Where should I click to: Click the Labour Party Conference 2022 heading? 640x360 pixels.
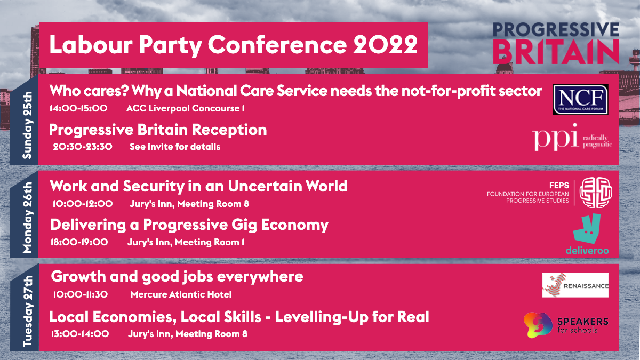[x=233, y=45]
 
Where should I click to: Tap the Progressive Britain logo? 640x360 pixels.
[x=555, y=43]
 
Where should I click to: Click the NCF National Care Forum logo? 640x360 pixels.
[x=580, y=99]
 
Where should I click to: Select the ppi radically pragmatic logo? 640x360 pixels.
[x=572, y=137]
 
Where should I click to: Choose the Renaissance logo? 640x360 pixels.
[x=575, y=285]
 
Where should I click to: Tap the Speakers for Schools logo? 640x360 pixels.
[x=566, y=324]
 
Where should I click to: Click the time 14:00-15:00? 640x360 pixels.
[x=78, y=108]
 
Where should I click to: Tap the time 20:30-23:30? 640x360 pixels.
[x=82, y=147]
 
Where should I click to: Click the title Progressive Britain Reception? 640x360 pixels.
[x=158, y=130]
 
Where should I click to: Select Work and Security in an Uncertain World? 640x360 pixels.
[x=198, y=186]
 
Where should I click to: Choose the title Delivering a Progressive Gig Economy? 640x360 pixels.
[x=189, y=225]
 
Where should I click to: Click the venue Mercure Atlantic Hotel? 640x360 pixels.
[x=181, y=294]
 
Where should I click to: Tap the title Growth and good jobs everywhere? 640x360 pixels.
[x=177, y=277]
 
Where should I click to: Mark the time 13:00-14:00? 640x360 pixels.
[x=80, y=334]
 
